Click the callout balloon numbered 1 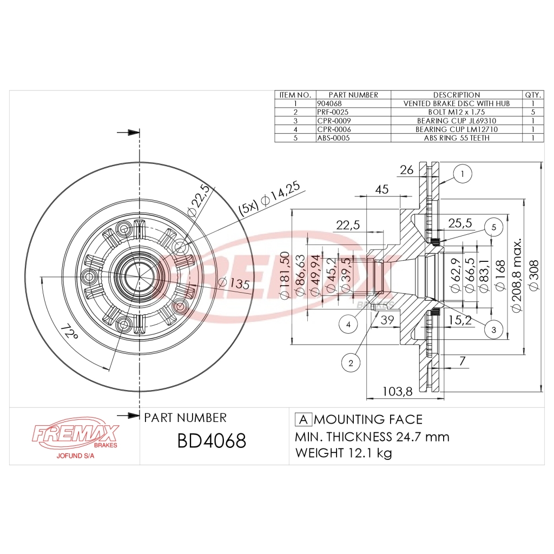pos(463,174)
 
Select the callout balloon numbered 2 pos(351,363)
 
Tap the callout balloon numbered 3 pos(493,328)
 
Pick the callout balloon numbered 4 pos(348,324)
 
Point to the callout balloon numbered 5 pos(493,227)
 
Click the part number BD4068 pos(212,440)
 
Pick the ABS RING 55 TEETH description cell pos(456,138)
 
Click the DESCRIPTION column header pos(456,95)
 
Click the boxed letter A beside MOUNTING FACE pos(304,419)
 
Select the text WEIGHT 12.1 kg pos(343,453)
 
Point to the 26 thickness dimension pos(406,170)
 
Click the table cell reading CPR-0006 pos(333,129)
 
